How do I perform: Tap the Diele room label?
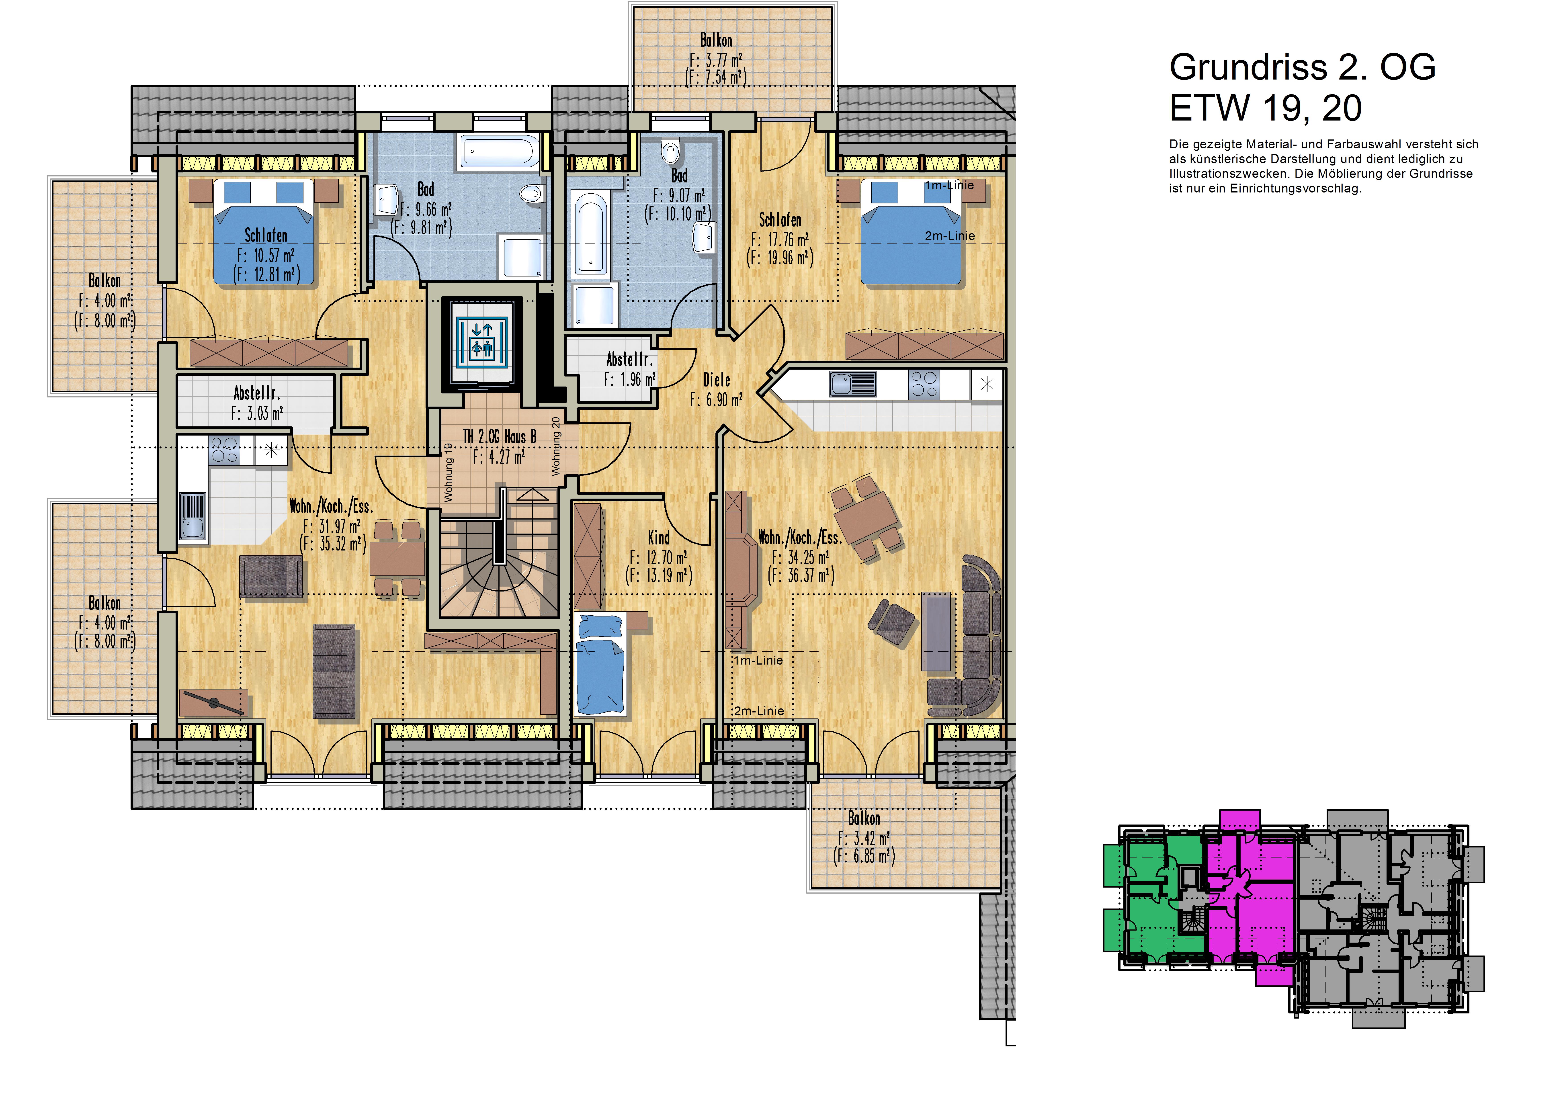point(717,380)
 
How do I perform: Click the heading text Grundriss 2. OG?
point(1302,68)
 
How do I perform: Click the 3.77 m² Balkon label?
point(716,41)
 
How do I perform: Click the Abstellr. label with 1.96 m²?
point(630,360)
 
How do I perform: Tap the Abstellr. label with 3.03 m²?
point(257,393)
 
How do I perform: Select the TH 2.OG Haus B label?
point(500,436)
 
